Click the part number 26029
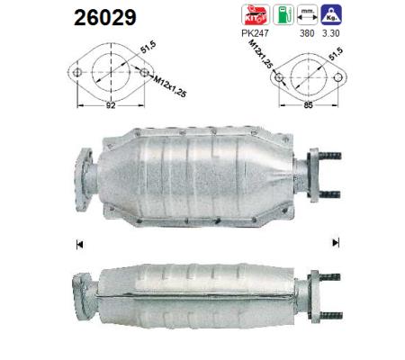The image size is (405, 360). point(105,17)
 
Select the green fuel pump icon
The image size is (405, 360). point(283,14)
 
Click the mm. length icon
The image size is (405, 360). point(307,14)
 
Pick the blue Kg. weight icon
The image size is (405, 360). point(331,14)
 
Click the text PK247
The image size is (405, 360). point(255,33)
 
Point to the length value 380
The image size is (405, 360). point(307,33)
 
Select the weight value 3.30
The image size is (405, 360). point(331,33)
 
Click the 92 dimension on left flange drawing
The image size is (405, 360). point(111,105)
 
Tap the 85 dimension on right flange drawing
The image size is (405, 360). point(309,105)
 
